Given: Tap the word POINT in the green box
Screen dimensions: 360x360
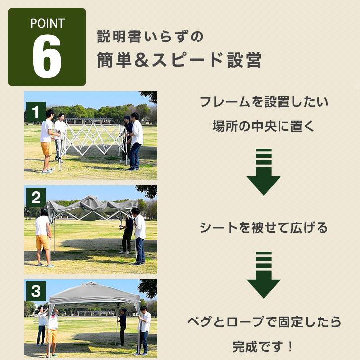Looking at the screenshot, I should [47, 23].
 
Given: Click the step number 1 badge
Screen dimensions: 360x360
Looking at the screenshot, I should [36, 110].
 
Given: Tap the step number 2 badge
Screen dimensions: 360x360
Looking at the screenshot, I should [36, 198].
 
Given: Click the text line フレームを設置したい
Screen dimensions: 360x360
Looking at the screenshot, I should [264, 103].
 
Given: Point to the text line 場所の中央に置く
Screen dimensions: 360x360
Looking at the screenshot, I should [264, 126].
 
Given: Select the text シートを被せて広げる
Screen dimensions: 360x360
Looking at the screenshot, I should [264, 228].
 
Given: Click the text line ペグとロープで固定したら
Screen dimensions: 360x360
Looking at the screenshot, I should [264, 322].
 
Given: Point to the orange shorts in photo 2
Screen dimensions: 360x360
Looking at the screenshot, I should [42, 242].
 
